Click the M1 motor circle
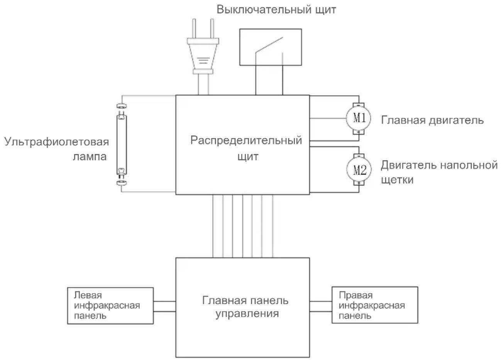point(358,118)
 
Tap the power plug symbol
point(203,46)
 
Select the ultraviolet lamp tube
point(122,144)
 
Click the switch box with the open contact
point(271,47)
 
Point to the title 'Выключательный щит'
point(276,10)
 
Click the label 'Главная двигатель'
point(432,120)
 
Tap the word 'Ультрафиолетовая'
point(57,142)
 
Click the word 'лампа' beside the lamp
point(90,157)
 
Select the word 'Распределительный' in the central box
point(246,141)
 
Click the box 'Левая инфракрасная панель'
point(110,306)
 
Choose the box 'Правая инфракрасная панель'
point(375,305)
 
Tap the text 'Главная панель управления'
point(245,306)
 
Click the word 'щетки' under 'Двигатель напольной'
point(397,180)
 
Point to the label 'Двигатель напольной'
point(439,165)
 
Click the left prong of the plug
point(194,29)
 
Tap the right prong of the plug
point(212,29)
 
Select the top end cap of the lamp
point(122,106)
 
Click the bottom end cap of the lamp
point(122,183)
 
